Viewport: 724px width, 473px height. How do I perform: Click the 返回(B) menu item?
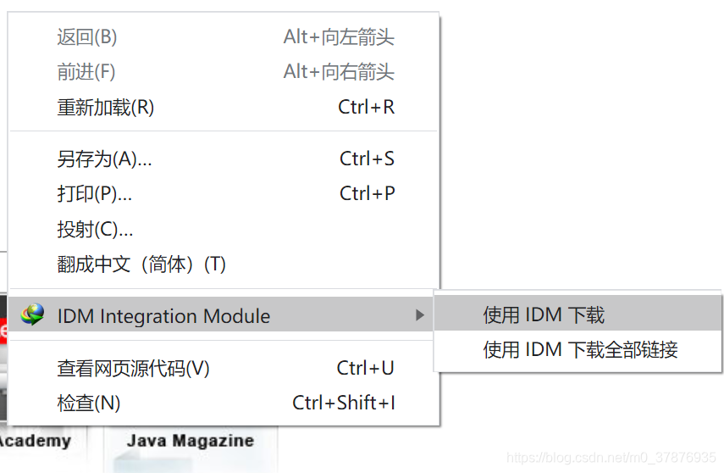pyautogui.click(x=87, y=37)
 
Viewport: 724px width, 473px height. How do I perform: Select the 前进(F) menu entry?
pyautogui.click(x=86, y=72)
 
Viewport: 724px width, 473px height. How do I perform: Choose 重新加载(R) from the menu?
pyautogui.click(x=106, y=108)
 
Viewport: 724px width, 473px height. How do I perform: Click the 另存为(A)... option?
pyautogui.click(x=104, y=159)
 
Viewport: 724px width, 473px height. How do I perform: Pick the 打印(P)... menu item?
pyautogui.click(x=94, y=194)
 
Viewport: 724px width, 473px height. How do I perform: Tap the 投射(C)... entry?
pyautogui.click(x=95, y=229)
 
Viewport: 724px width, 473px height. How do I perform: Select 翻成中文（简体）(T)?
pyautogui.click(x=141, y=264)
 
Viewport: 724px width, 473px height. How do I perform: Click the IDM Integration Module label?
pyautogui.click(x=163, y=316)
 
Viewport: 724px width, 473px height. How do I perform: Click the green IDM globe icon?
pyautogui.click(x=32, y=314)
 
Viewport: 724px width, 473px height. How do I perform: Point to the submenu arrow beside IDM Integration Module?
pyautogui.click(x=420, y=315)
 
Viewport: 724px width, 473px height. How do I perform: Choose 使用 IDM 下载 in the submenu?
pyautogui.click(x=544, y=315)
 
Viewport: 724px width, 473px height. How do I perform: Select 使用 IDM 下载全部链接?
pyautogui.click(x=580, y=349)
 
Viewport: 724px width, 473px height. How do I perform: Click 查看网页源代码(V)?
pyautogui.click(x=133, y=369)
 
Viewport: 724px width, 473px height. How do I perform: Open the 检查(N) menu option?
pyautogui.click(x=89, y=403)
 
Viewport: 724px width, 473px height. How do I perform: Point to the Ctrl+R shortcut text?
pyautogui.click(x=366, y=108)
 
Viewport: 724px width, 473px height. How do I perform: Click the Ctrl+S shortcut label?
pyautogui.click(x=367, y=159)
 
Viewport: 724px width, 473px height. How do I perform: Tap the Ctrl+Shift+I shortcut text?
pyautogui.click(x=344, y=403)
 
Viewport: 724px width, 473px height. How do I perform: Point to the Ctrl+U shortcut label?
pyautogui.click(x=365, y=369)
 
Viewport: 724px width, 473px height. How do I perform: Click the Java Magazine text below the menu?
pyautogui.click(x=190, y=441)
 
